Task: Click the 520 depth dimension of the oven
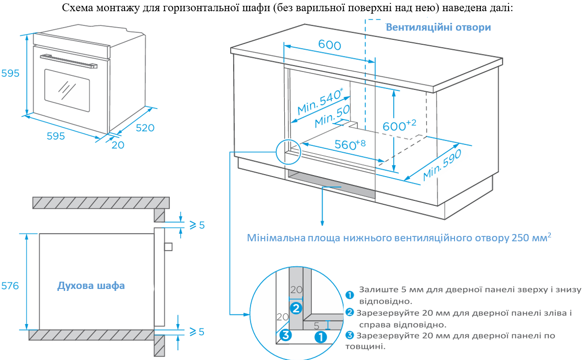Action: point(145,128)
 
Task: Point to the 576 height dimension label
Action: point(10,286)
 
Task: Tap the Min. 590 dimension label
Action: point(442,165)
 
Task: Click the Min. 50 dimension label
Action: point(332,116)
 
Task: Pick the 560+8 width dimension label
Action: point(350,144)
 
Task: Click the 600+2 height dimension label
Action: point(400,126)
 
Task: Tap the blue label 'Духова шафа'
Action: point(91,286)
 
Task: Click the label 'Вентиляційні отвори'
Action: point(438,27)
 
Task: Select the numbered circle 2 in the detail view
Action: point(296,308)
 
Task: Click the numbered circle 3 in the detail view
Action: point(285,335)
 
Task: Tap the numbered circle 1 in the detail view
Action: point(321,337)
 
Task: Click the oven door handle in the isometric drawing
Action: point(69,61)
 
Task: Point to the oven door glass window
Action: point(67,90)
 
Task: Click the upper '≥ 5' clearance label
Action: point(197,225)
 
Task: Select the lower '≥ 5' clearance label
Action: point(197,331)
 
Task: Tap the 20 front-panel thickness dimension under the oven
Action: point(118,145)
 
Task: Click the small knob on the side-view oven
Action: point(168,246)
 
